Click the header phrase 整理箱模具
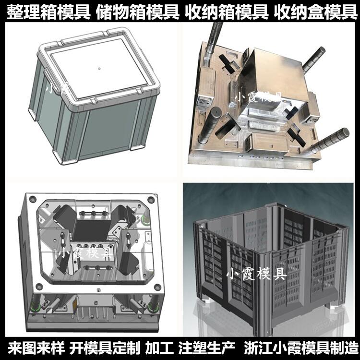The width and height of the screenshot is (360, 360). click(x=48, y=11)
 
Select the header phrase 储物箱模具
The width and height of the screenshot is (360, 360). click(x=137, y=11)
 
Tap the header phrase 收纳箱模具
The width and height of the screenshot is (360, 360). click(x=227, y=11)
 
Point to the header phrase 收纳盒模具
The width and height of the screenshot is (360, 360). click(x=316, y=11)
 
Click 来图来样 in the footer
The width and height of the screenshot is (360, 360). click(x=36, y=348)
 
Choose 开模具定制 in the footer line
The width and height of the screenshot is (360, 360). click(x=105, y=348)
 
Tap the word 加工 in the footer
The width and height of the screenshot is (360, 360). click(x=159, y=348)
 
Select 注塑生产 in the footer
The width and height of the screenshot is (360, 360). click(x=206, y=348)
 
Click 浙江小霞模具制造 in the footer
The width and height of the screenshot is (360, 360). click(x=301, y=348)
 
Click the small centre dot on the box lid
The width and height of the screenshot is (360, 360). click(x=99, y=68)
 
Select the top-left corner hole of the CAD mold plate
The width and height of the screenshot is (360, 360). click(x=32, y=199)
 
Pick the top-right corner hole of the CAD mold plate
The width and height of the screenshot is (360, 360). click(x=150, y=200)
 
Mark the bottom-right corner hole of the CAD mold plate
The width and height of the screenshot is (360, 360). click(x=157, y=287)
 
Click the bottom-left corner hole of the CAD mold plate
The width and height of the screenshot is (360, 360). click(x=39, y=287)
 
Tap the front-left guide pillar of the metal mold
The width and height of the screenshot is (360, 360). click(x=209, y=125)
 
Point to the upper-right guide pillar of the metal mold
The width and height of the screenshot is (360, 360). click(x=313, y=59)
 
